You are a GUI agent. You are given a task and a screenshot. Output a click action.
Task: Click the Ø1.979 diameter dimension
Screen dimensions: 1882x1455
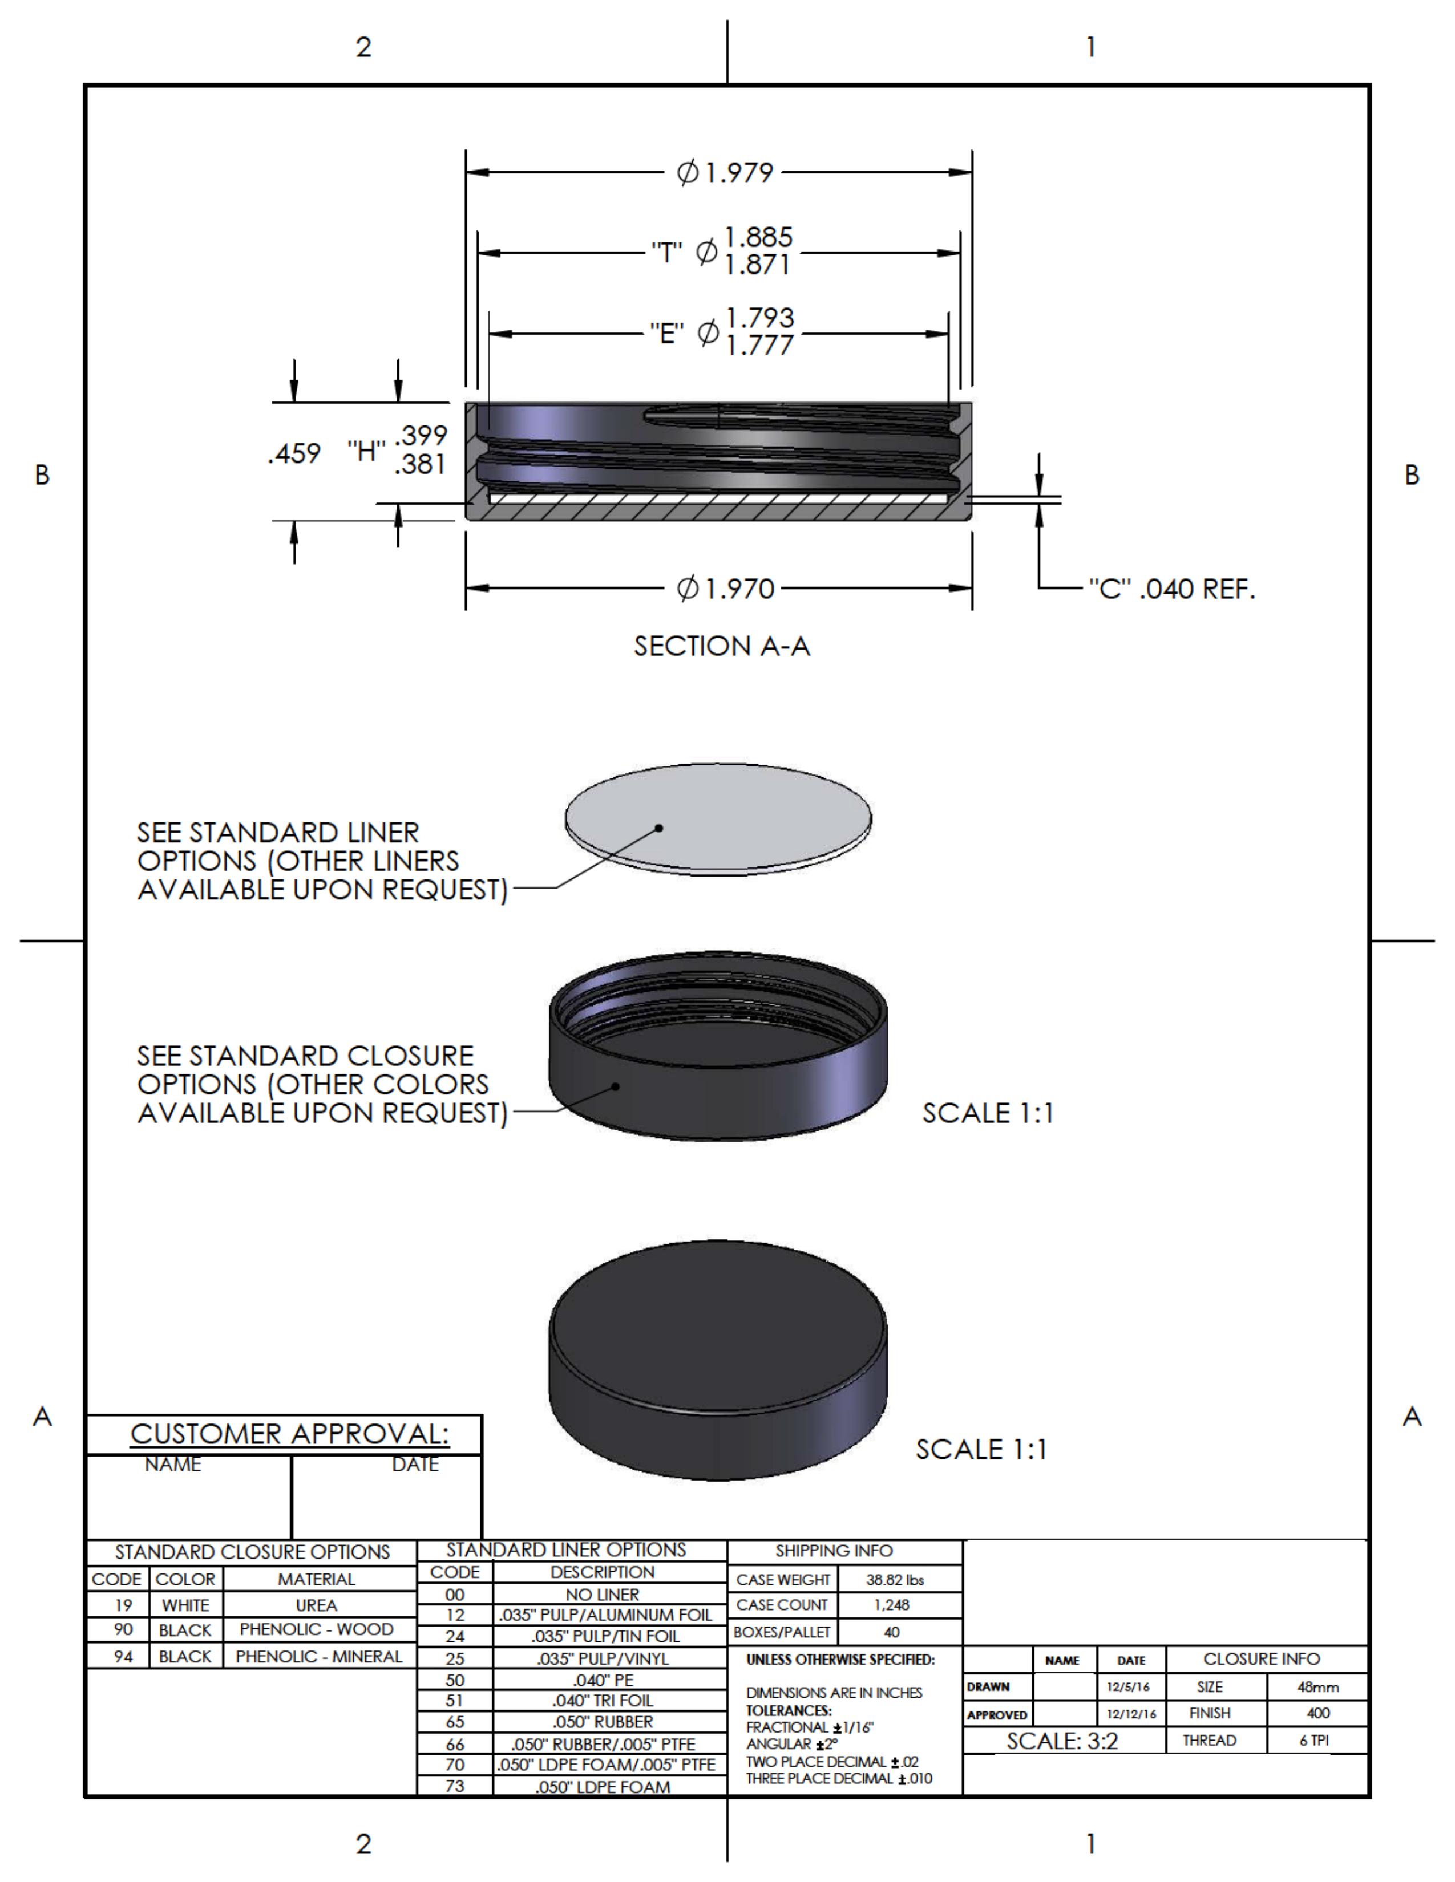coord(726,173)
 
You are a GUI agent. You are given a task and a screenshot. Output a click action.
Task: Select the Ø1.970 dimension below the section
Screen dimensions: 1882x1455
coord(726,590)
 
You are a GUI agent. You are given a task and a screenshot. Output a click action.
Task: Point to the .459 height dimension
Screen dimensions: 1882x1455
coord(294,453)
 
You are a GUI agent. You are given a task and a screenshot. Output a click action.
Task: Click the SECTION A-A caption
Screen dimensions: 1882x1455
coord(721,646)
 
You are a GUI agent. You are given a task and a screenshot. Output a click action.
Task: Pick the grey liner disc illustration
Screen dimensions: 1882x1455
coord(718,817)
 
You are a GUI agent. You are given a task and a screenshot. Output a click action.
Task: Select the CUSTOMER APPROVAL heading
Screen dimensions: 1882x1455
coord(290,1434)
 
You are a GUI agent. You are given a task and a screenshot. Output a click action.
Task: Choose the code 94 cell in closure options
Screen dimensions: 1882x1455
coord(123,1656)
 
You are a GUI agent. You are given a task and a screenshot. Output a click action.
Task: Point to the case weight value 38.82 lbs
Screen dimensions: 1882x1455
coord(895,1580)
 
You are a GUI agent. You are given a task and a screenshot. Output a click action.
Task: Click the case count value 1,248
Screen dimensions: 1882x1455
coord(891,1604)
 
